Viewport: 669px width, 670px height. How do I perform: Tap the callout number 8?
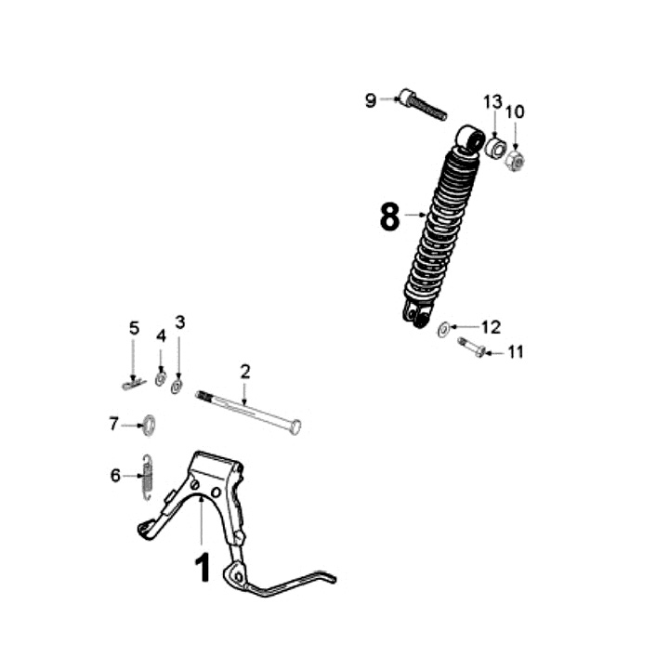[389, 217]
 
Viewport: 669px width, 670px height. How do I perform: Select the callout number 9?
[371, 100]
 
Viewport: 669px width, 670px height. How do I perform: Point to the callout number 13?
[492, 100]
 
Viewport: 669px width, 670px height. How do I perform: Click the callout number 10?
[515, 112]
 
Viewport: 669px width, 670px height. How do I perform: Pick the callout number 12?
[491, 326]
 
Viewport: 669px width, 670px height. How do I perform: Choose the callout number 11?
[516, 352]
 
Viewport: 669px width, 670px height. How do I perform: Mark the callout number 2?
[244, 372]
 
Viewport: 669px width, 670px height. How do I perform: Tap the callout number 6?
[115, 475]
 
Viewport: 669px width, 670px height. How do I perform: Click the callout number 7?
[114, 424]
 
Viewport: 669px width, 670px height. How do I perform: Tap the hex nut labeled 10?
[518, 162]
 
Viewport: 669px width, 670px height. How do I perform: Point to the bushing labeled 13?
[497, 149]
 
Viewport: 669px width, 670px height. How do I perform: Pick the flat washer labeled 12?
[444, 328]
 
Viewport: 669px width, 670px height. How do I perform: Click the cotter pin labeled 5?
[134, 382]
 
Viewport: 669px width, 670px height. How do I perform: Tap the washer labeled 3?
[177, 383]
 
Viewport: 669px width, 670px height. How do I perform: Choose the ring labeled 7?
[146, 426]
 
